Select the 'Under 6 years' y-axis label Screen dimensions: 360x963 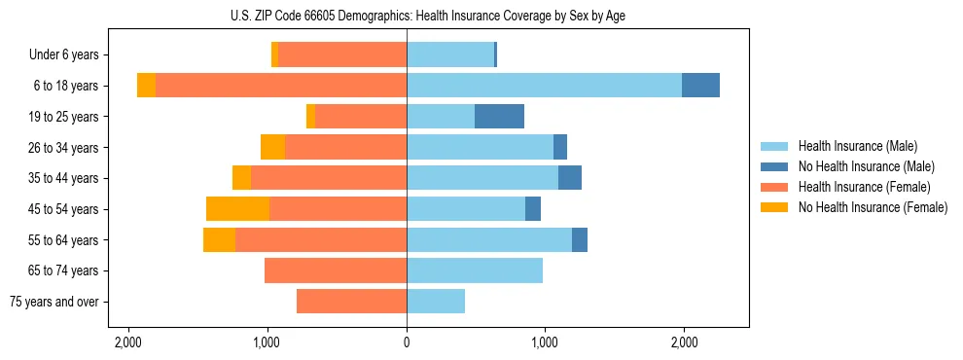click(69, 55)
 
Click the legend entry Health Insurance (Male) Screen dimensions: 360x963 click(857, 146)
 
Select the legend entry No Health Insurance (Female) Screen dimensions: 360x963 click(873, 207)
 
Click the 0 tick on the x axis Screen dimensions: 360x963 click(407, 342)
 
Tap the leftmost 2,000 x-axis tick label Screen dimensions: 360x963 click(128, 342)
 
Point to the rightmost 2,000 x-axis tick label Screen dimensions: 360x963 click(684, 342)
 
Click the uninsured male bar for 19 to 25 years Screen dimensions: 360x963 click(499, 117)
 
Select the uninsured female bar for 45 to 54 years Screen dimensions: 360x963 click(237, 209)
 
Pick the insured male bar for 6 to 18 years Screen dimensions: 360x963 click(544, 86)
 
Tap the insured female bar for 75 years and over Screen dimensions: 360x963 click(351, 302)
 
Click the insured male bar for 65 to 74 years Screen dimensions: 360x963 click(475, 270)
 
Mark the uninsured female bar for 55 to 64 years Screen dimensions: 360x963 click(219, 240)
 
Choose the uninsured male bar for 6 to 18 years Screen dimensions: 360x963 click(700, 86)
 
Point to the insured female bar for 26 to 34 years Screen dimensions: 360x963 click(345, 148)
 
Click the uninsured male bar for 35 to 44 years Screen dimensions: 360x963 click(570, 178)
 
